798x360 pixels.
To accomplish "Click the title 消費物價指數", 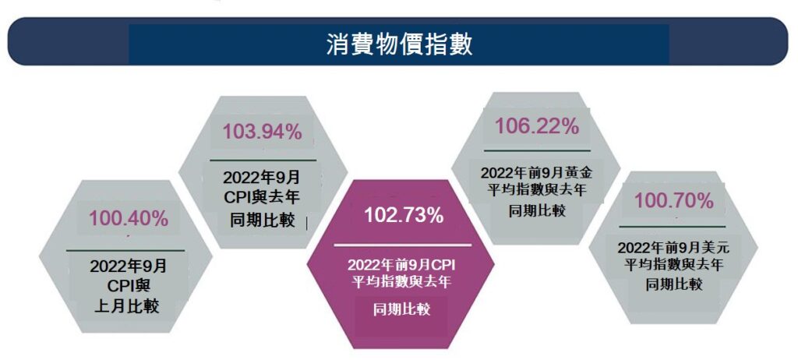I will pos(398,44).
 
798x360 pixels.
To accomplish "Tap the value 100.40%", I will pos(128,219).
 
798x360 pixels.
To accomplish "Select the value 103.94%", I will pos(262,132).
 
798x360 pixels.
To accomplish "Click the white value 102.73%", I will pos(404,216).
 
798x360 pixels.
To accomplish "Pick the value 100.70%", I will pos(673,200).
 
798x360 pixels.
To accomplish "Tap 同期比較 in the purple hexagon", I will pos(401,310).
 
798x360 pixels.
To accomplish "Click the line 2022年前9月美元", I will pos(673,248).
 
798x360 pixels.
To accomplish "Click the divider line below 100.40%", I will pos(125,250).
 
